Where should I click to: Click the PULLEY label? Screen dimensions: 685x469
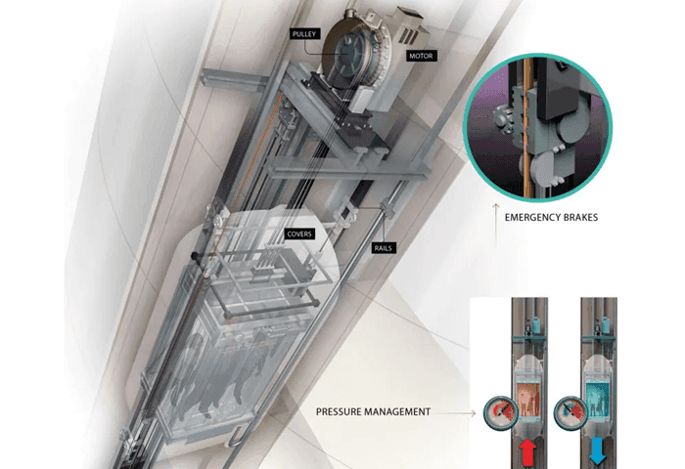click(304, 34)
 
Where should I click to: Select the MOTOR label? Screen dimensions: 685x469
click(421, 56)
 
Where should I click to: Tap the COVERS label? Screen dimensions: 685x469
click(299, 234)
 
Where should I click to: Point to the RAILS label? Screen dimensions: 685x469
click(384, 248)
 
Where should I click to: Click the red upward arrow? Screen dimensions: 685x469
click(527, 452)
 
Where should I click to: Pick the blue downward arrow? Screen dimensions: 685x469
click(597, 452)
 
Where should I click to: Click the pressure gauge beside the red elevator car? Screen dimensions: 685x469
click(501, 412)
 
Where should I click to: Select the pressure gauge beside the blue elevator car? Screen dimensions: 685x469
click(571, 412)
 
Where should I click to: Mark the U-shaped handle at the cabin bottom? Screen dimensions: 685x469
click(237, 437)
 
